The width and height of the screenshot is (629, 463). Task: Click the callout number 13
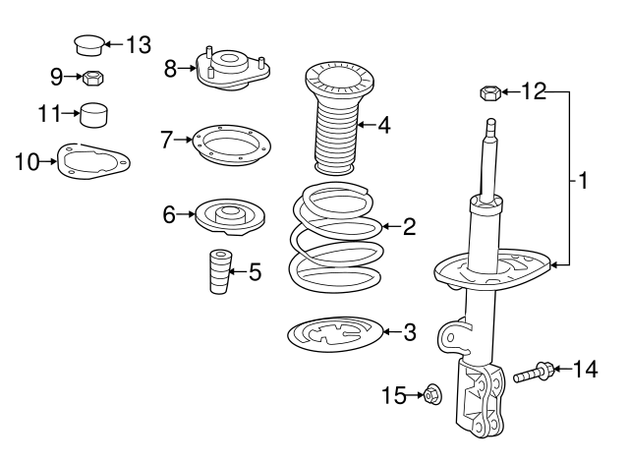pos(139,44)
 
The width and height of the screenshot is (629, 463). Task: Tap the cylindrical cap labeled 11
pos(94,114)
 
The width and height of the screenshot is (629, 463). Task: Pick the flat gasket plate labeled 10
pos(93,161)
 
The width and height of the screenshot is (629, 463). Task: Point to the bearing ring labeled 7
pos(232,145)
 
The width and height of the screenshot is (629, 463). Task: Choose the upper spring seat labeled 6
pos(230,217)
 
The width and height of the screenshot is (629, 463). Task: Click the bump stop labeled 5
pos(220,272)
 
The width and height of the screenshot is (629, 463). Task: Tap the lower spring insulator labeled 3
pos(335,334)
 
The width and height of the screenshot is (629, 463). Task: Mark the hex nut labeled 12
pos(489,93)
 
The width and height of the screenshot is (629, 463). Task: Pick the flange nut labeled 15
pos(432,394)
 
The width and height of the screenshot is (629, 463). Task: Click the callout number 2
pos(409,227)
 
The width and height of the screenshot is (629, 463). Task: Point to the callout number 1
pos(583,181)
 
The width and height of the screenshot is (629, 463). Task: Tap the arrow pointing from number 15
pos(415,395)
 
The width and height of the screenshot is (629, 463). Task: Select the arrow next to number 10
pos(48,161)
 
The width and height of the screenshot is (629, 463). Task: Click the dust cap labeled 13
pos(90,45)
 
